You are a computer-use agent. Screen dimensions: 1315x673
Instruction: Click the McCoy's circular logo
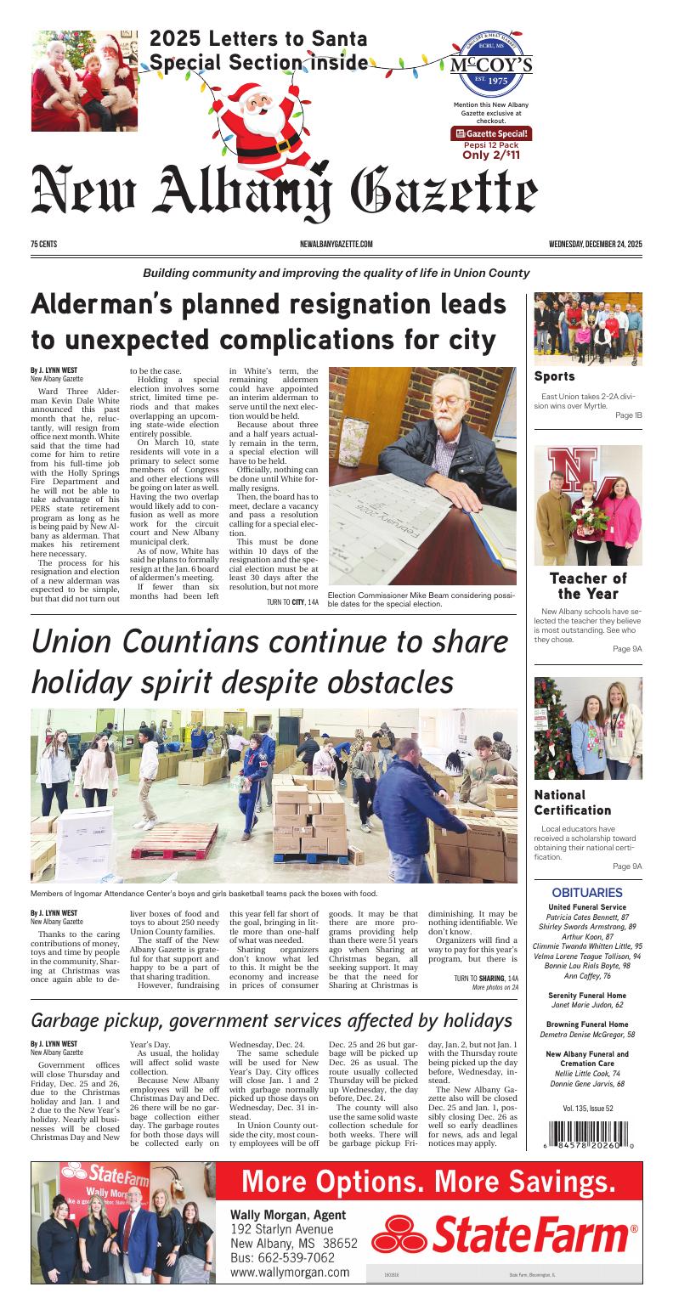point(490,65)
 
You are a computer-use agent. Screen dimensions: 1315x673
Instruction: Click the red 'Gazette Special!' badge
point(490,133)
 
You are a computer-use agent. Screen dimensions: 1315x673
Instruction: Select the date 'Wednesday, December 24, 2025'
point(595,245)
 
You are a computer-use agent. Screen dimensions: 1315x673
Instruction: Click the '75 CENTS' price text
point(43,245)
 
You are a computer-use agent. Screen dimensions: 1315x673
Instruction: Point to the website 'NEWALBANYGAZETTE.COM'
point(336,245)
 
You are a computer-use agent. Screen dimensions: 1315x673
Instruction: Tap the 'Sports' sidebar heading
point(554,376)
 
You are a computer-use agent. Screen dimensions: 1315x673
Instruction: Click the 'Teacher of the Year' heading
point(587,586)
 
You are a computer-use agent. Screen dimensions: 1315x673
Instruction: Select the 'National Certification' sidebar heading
point(572,803)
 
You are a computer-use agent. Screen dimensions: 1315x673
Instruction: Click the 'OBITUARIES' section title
point(587,893)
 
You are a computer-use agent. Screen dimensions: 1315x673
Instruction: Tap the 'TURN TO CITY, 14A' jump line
point(292,602)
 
